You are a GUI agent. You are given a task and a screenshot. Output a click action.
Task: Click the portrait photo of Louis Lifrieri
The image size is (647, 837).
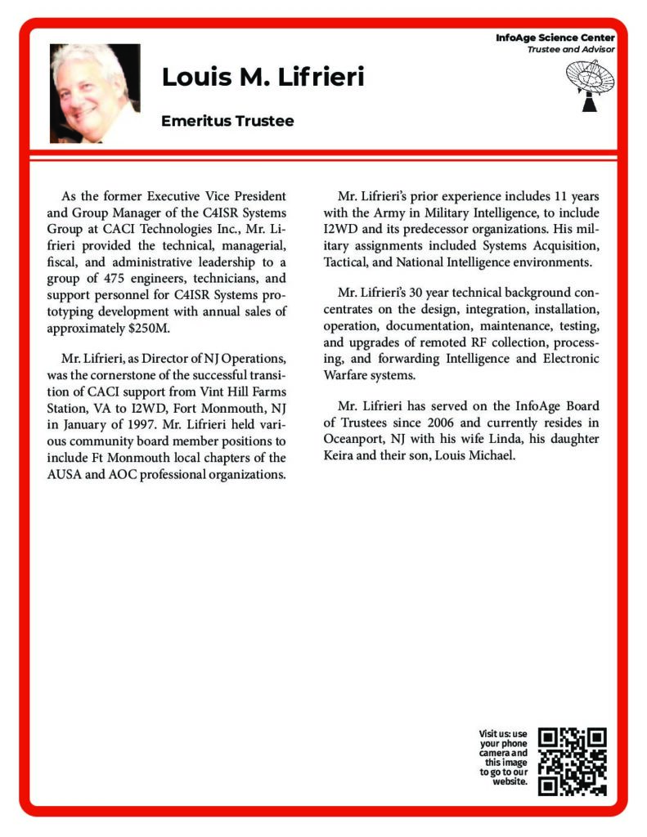(x=94, y=93)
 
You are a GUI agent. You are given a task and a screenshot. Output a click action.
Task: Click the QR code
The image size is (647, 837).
(x=572, y=761)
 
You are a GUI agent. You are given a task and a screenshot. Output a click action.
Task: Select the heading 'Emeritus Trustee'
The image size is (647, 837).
(x=227, y=121)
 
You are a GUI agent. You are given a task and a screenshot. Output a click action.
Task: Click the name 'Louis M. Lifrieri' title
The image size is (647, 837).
(x=263, y=78)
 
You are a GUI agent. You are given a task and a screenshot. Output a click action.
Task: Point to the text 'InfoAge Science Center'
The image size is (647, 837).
(x=555, y=38)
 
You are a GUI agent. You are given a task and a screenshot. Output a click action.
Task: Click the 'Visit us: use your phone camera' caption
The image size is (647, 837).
(x=504, y=757)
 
